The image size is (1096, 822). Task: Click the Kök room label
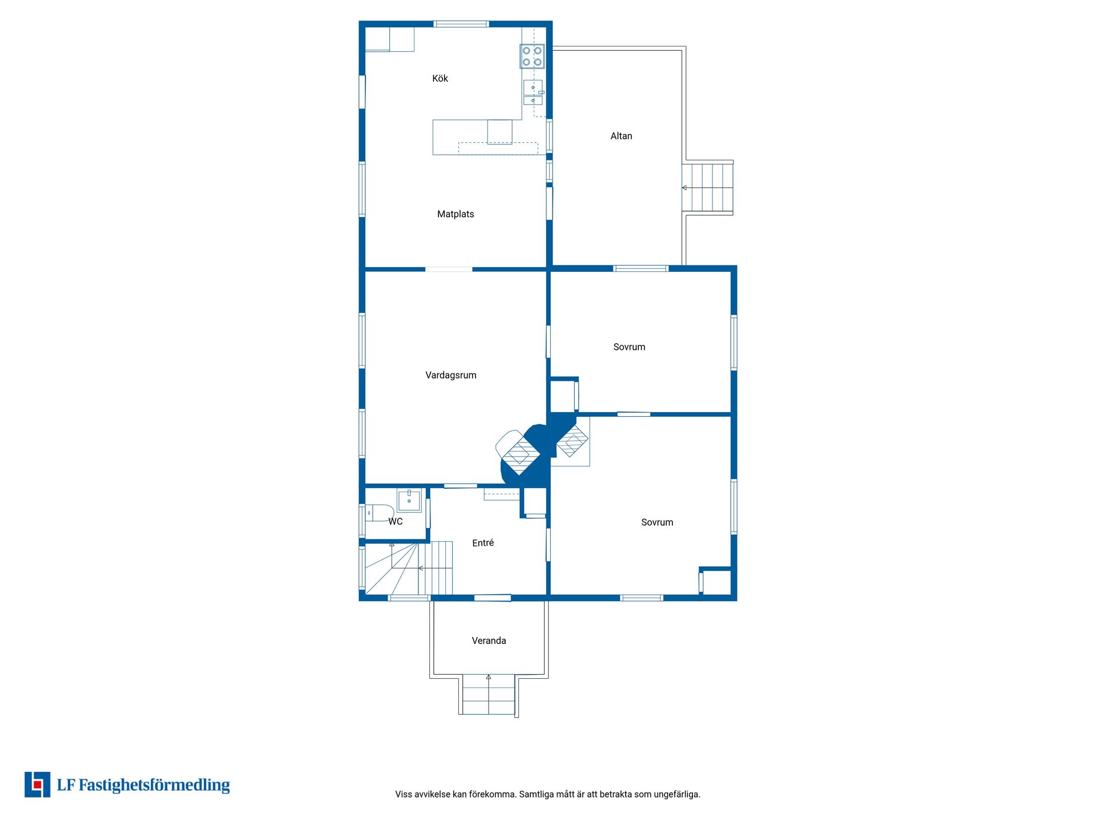click(440, 79)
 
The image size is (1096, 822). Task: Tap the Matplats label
click(456, 214)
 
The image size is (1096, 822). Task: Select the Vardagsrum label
click(451, 375)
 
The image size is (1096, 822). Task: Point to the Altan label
click(622, 136)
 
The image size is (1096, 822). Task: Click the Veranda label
click(489, 640)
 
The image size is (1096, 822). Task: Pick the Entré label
click(483, 543)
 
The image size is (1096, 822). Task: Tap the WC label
click(396, 521)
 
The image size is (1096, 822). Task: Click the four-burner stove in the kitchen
click(532, 56)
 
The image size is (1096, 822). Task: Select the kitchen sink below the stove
click(533, 92)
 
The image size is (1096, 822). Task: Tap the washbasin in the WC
click(409, 501)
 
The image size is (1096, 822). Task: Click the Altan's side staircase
click(707, 188)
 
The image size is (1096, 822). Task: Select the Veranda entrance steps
click(489, 695)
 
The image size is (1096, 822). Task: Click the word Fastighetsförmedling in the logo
click(154, 785)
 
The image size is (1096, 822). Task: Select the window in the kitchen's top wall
click(461, 24)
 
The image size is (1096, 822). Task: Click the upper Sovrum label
click(629, 347)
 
